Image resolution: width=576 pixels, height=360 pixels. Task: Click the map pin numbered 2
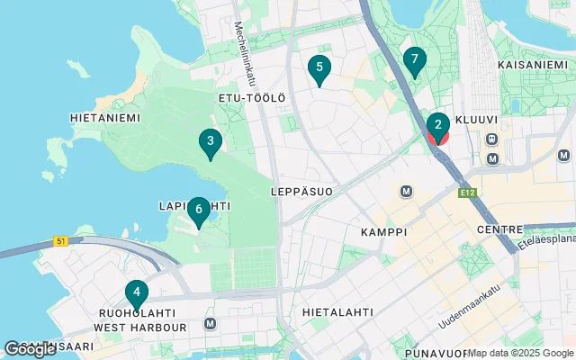pyautogui.click(x=437, y=126)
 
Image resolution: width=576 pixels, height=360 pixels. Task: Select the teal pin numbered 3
pyautogui.click(x=210, y=141)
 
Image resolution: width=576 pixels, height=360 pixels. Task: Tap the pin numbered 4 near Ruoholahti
pyautogui.click(x=136, y=292)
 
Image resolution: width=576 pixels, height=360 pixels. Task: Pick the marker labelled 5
pyautogui.click(x=319, y=67)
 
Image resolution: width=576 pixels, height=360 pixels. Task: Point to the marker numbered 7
pyautogui.click(x=414, y=60)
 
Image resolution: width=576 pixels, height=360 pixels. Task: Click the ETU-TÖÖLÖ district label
pyautogui.click(x=251, y=97)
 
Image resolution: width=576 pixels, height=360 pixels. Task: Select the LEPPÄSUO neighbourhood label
pyautogui.click(x=301, y=192)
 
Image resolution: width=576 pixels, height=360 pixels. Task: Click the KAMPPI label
pyautogui.click(x=383, y=232)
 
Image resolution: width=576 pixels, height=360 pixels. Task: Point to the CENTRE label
pyautogui.click(x=499, y=230)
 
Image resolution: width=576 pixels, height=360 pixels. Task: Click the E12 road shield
pyautogui.click(x=465, y=193)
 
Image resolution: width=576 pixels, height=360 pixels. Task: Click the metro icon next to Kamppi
pyautogui.click(x=407, y=191)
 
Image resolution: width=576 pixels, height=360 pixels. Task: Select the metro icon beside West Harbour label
pyautogui.click(x=211, y=324)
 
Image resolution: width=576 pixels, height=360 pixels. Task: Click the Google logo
pyautogui.click(x=30, y=348)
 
